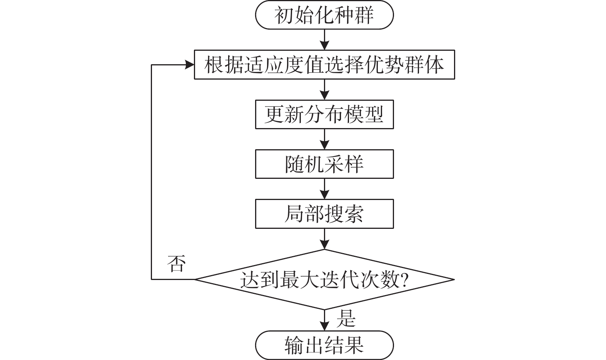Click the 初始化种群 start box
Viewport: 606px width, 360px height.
tap(324, 15)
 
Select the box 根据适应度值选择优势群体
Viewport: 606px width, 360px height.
tap(324, 65)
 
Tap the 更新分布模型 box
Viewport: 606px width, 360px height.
tap(324, 115)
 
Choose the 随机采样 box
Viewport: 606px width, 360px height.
tap(324, 164)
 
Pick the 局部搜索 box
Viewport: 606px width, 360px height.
tap(324, 214)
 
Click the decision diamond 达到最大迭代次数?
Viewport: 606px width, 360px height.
tap(324, 280)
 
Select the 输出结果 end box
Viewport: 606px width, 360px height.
tap(324, 345)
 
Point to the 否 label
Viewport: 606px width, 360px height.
tap(177, 264)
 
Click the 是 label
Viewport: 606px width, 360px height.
tap(346, 318)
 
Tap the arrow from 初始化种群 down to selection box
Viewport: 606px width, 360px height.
tap(325, 40)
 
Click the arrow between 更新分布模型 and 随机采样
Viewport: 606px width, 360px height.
tap(325, 139)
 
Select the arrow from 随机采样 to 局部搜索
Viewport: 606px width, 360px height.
tap(325, 189)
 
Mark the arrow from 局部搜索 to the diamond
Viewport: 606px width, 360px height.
tap(325, 239)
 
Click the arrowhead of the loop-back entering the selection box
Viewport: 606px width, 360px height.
tap(190, 65)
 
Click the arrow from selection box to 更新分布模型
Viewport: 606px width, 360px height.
tap(325, 90)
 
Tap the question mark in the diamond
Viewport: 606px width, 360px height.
tap(404, 280)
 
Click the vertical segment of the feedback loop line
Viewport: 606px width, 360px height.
tap(151, 173)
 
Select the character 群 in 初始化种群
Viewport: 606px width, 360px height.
tap(364, 15)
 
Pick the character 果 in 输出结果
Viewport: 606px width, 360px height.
tap(354, 345)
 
